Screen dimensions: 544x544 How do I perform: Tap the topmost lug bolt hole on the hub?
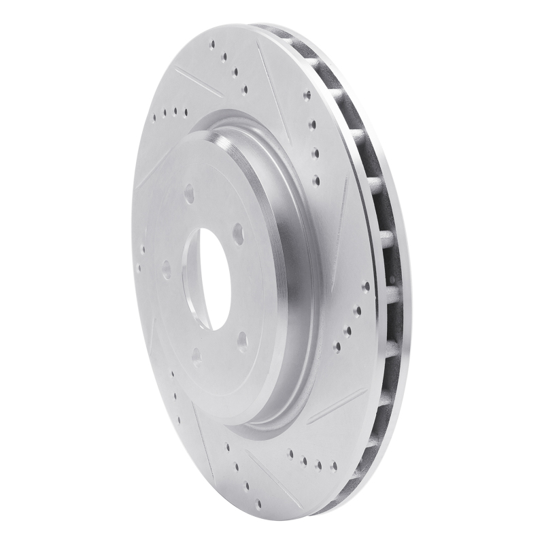[x=188, y=193]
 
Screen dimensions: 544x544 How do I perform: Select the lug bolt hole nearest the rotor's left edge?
[x=167, y=270]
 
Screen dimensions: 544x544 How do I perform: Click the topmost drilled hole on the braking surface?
[x=213, y=45]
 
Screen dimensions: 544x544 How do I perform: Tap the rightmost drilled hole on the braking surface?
[x=366, y=286]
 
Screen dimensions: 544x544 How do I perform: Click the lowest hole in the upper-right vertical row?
[x=316, y=180]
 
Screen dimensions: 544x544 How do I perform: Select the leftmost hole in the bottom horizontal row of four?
[x=291, y=454]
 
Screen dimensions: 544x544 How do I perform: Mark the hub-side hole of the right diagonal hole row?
[x=337, y=346]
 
